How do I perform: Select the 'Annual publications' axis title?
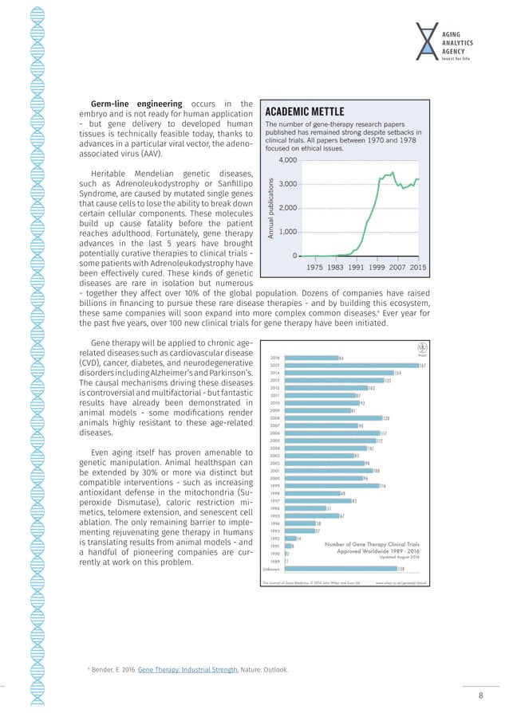click(271, 209)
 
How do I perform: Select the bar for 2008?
click(333, 418)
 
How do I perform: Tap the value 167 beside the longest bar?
click(422, 366)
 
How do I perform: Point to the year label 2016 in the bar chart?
click(274, 358)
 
